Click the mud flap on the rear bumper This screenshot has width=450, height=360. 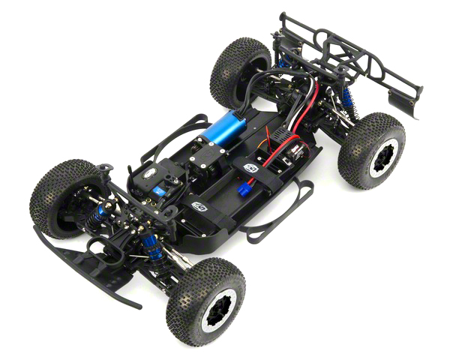pos(405,103)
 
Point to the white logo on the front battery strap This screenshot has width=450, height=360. pos(198,205)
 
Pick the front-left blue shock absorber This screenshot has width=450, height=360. pos(97,215)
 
